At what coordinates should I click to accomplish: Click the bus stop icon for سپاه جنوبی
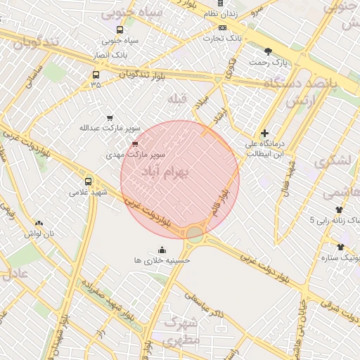pos(120,30)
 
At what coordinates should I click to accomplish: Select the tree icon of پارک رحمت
pos(268,51)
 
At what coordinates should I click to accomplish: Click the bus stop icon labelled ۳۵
pos(96,75)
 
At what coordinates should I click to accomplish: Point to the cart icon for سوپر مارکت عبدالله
pos(109,117)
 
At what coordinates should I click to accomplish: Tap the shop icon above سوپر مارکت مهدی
pos(135,143)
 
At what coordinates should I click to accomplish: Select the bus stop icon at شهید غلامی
pos(88,181)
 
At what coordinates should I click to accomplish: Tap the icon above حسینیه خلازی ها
pos(162,250)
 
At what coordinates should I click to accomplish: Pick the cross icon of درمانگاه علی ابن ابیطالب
pos(264,133)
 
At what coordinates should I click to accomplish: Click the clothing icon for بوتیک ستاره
pos(340,247)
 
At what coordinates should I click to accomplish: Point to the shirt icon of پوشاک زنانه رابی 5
pos(339,210)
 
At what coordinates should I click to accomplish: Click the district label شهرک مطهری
pos(181,330)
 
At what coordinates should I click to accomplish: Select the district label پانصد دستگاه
pos(301,83)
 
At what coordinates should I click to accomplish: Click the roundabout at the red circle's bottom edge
pos(195,233)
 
